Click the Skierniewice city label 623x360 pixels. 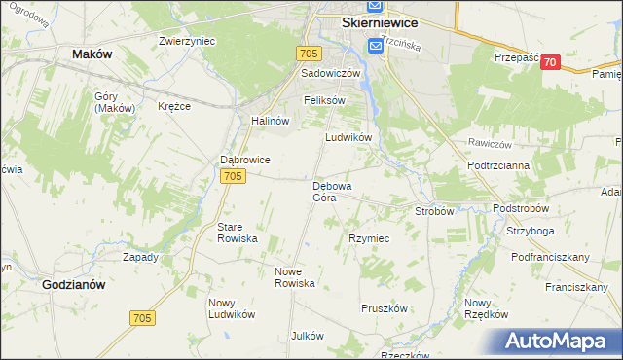(379, 22)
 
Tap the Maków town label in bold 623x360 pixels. (92, 55)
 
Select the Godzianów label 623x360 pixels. (74, 285)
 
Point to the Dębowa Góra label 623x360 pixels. (331, 191)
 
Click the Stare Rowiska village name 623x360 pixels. (237, 232)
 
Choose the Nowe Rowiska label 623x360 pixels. (295, 277)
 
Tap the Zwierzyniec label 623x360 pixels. (187, 41)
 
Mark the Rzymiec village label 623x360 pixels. (369, 238)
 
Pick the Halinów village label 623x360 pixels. (272, 121)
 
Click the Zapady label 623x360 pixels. (140, 257)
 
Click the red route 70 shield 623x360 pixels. (551, 62)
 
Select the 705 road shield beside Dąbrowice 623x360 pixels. (232, 176)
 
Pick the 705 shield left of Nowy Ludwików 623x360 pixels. (142, 318)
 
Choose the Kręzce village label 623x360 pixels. (173, 105)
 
